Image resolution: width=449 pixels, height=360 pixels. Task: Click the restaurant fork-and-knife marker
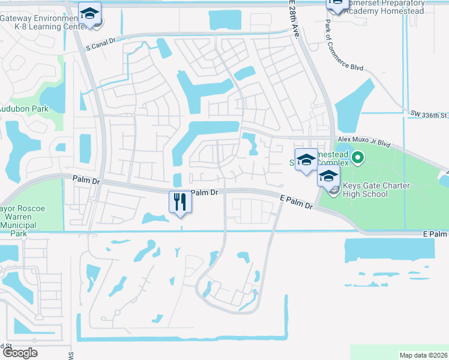[179, 201]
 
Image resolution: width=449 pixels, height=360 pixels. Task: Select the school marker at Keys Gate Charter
[328, 176]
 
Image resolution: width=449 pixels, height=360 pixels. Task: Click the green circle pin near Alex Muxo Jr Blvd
[358, 158]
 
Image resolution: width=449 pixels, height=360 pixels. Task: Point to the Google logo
[20, 352]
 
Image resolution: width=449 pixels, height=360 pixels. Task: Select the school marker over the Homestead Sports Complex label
[306, 159]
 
